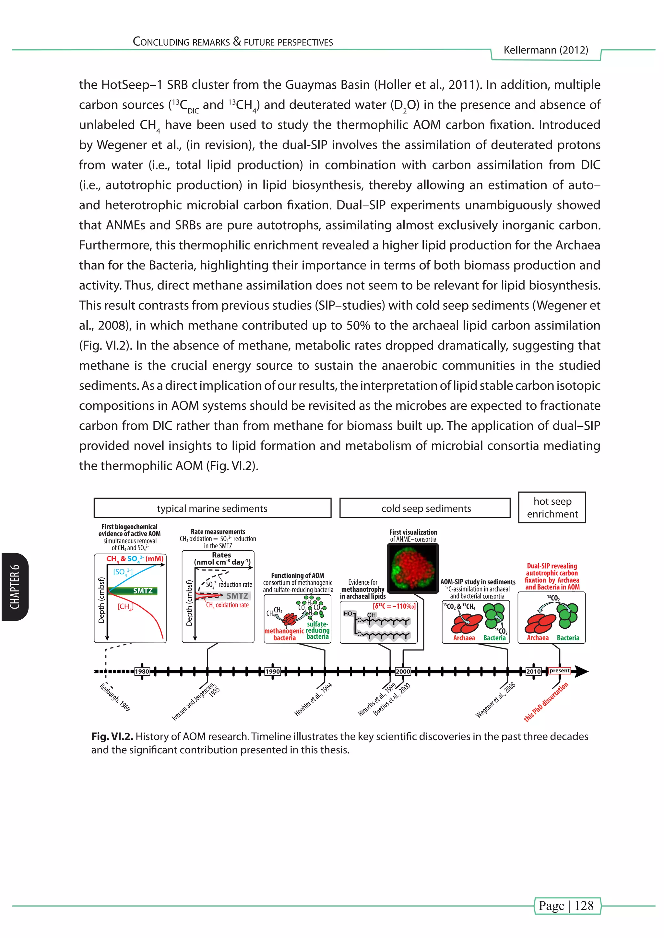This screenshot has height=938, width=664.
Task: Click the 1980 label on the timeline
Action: coord(142,671)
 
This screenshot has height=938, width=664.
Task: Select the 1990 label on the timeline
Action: coord(273,671)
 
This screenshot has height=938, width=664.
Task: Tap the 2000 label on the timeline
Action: coord(403,671)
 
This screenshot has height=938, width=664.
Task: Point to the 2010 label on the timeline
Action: coord(533,671)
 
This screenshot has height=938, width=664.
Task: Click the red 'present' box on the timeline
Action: coord(559,670)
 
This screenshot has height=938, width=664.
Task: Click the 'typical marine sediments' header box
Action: coord(212,508)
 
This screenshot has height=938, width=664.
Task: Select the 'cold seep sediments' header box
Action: coord(425,508)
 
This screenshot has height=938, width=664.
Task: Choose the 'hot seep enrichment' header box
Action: coord(552,508)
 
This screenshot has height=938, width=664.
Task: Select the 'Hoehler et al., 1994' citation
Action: coord(313,699)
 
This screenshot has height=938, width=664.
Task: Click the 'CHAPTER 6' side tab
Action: coord(15,587)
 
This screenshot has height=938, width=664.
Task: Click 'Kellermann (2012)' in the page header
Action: coord(546,50)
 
